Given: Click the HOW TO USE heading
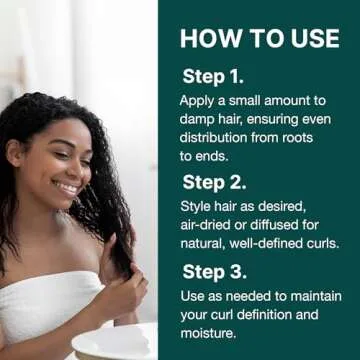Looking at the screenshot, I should click(x=259, y=38).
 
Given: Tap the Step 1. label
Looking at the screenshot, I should click(x=213, y=76).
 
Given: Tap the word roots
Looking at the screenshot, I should click(x=318, y=138).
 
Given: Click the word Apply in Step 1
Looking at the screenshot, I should click(x=199, y=101).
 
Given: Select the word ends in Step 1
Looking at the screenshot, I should click(x=219, y=156).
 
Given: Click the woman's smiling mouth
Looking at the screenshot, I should click(x=67, y=187).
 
